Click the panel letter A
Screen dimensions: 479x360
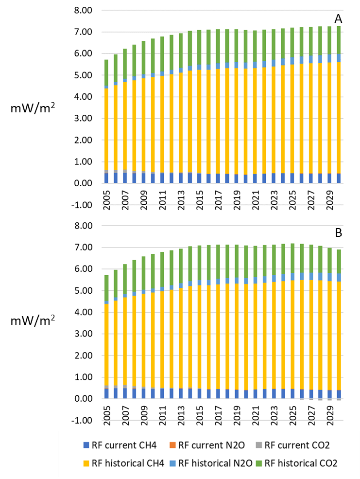339,19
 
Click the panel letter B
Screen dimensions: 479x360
339,232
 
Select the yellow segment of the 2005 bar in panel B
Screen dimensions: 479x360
106,345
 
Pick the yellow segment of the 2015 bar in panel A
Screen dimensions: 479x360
199,122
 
